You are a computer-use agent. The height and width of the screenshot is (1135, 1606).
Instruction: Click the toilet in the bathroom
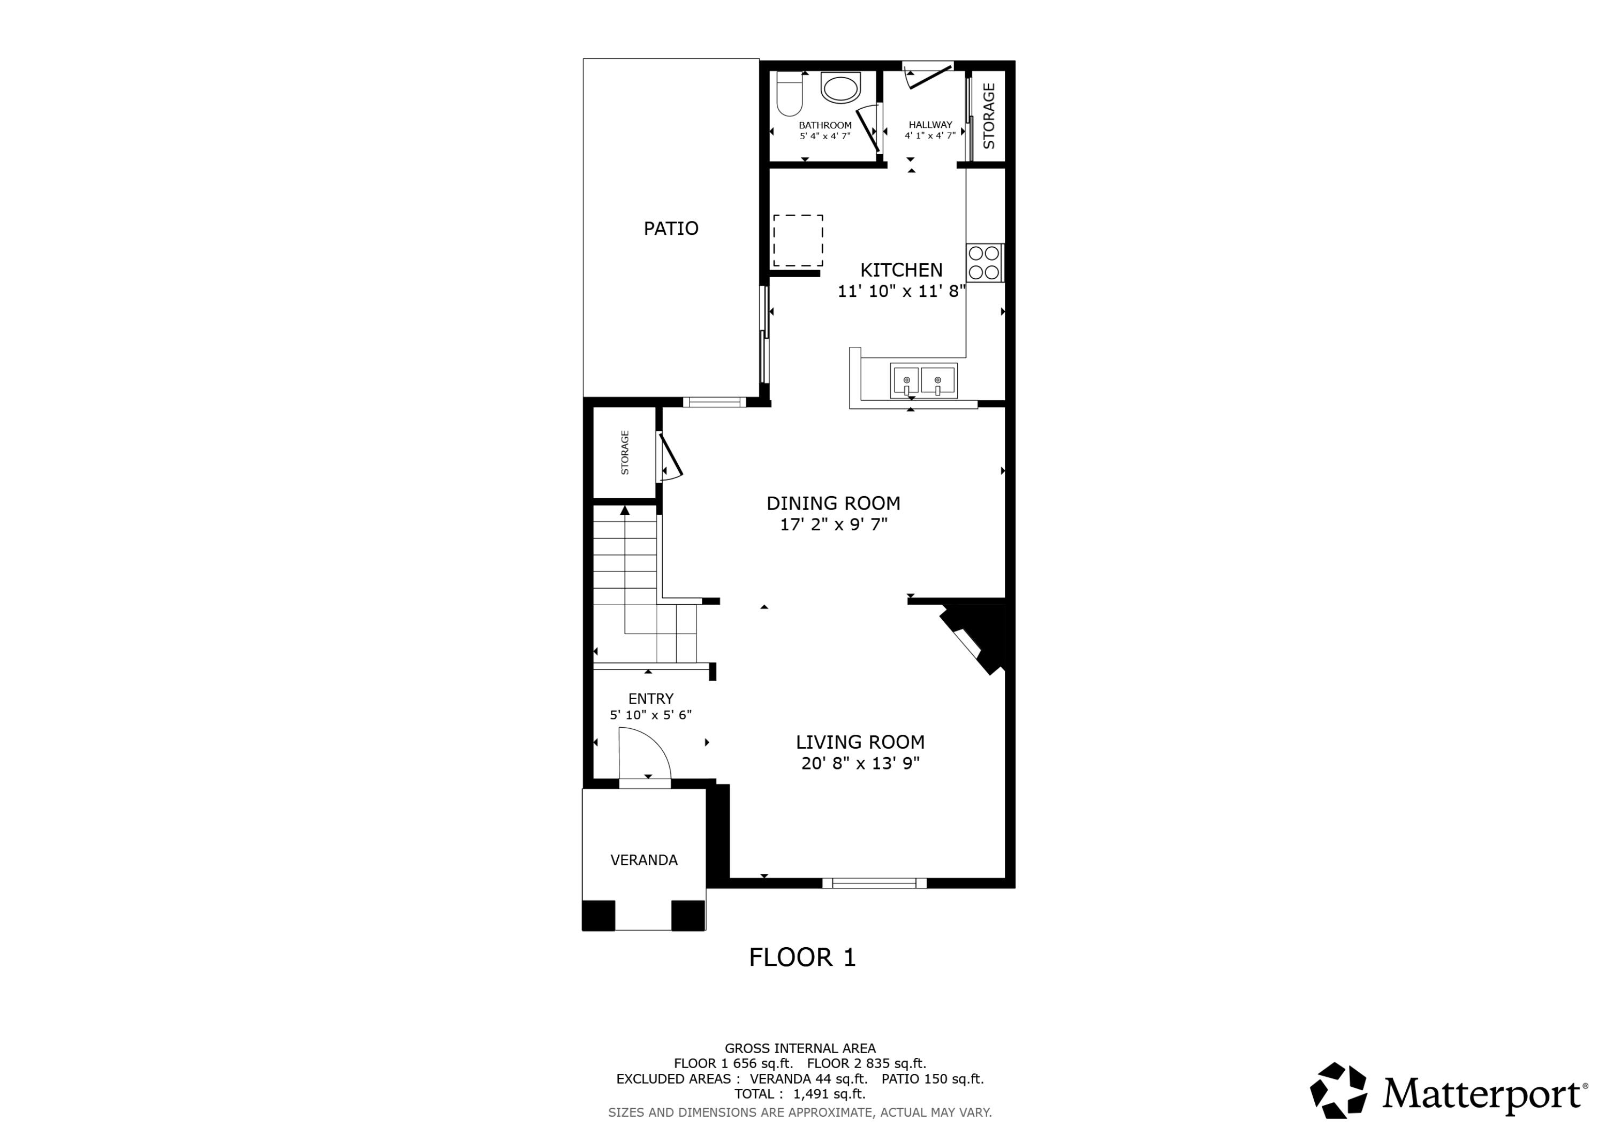[789, 94]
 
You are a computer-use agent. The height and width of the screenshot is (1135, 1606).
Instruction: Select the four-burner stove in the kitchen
[985, 263]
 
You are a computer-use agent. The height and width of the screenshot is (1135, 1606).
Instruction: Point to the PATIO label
[671, 228]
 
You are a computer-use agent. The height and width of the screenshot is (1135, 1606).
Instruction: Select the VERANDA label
[643, 860]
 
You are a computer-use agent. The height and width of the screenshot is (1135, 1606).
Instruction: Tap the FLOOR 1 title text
[802, 957]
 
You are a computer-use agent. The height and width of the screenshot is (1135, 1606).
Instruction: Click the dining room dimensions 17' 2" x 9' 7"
[834, 524]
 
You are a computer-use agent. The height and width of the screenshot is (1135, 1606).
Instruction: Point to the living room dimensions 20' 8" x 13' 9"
[860, 763]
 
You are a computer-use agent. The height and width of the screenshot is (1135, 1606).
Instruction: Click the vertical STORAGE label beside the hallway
[988, 116]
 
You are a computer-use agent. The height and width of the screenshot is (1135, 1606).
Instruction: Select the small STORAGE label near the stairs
[625, 453]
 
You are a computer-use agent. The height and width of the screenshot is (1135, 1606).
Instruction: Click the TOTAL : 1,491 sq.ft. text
[799, 1094]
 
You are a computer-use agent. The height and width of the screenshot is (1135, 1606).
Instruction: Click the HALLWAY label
[930, 125]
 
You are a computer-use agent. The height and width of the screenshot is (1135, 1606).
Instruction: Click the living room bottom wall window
[874, 882]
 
